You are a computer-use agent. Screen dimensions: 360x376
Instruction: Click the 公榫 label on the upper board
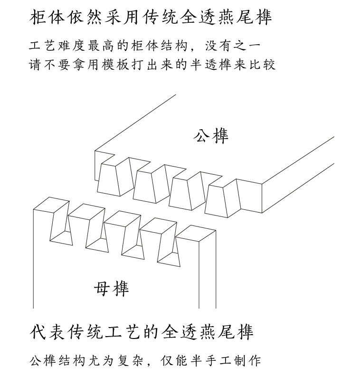click(211, 136)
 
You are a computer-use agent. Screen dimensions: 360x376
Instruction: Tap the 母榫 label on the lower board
click(112, 289)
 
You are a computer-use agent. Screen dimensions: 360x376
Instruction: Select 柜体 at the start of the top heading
click(47, 17)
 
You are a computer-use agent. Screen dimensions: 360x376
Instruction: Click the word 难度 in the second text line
click(72, 46)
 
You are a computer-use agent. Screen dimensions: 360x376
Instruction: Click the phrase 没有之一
click(233, 46)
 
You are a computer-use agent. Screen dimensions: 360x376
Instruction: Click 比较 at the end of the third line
click(262, 65)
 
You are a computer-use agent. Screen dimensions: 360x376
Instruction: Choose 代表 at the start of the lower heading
click(47, 332)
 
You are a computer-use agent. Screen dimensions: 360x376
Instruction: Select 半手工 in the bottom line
click(210, 361)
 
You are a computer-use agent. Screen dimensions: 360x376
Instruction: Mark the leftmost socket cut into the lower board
click(61, 223)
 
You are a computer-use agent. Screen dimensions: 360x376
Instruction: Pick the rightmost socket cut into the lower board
click(169, 244)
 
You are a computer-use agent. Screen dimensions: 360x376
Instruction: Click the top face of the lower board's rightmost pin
click(196, 233)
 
